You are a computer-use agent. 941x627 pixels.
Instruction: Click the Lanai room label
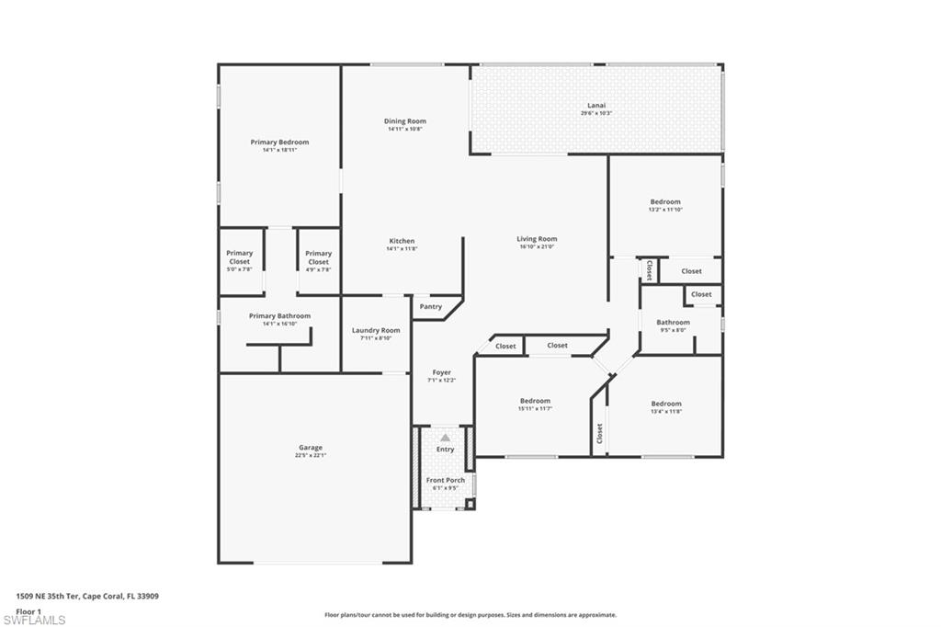click(x=596, y=105)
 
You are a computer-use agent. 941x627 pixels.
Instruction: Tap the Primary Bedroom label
click(x=279, y=142)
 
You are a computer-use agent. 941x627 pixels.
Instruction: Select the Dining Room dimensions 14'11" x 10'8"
click(x=404, y=130)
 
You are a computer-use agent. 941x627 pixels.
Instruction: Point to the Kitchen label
click(x=402, y=241)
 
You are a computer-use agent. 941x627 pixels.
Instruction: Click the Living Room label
click(x=537, y=239)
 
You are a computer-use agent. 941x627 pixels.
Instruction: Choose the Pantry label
click(x=430, y=307)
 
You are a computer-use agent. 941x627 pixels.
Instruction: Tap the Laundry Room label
click(x=376, y=330)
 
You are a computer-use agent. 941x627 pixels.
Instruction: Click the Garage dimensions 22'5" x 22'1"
click(x=310, y=455)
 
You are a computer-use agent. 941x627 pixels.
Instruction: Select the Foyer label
click(x=440, y=372)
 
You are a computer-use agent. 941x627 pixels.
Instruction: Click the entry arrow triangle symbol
click(x=445, y=438)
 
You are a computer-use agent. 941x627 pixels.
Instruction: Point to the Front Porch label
click(x=445, y=480)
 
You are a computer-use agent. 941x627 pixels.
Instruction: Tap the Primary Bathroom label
click(x=279, y=315)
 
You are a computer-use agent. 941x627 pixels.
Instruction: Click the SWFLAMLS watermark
click(x=34, y=620)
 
